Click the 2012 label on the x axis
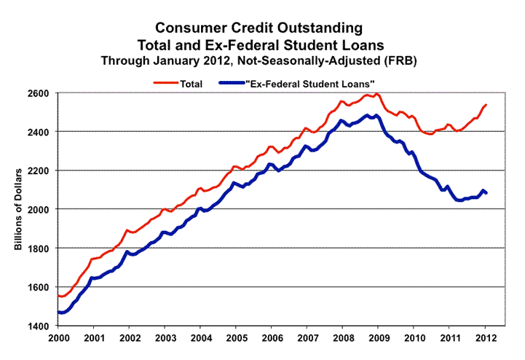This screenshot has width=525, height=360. pyautogui.click(x=487, y=340)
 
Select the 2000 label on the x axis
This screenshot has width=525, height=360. pyautogui.click(x=59, y=340)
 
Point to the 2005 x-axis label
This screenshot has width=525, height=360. pyautogui.click(x=237, y=340)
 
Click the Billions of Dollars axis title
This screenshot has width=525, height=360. pyautogui.click(x=17, y=210)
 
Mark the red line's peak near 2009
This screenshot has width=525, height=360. pyautogui.click(x=376, y=94)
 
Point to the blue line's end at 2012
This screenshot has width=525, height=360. pyautogui.click(x=486, y=192)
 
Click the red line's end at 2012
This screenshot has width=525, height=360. pyautogui.click(x=486, y=105)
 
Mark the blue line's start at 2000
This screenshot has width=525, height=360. pyautogui.click(x=58, y=312)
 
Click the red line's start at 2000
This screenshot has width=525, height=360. pyautogui.click(x=58, y=295)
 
